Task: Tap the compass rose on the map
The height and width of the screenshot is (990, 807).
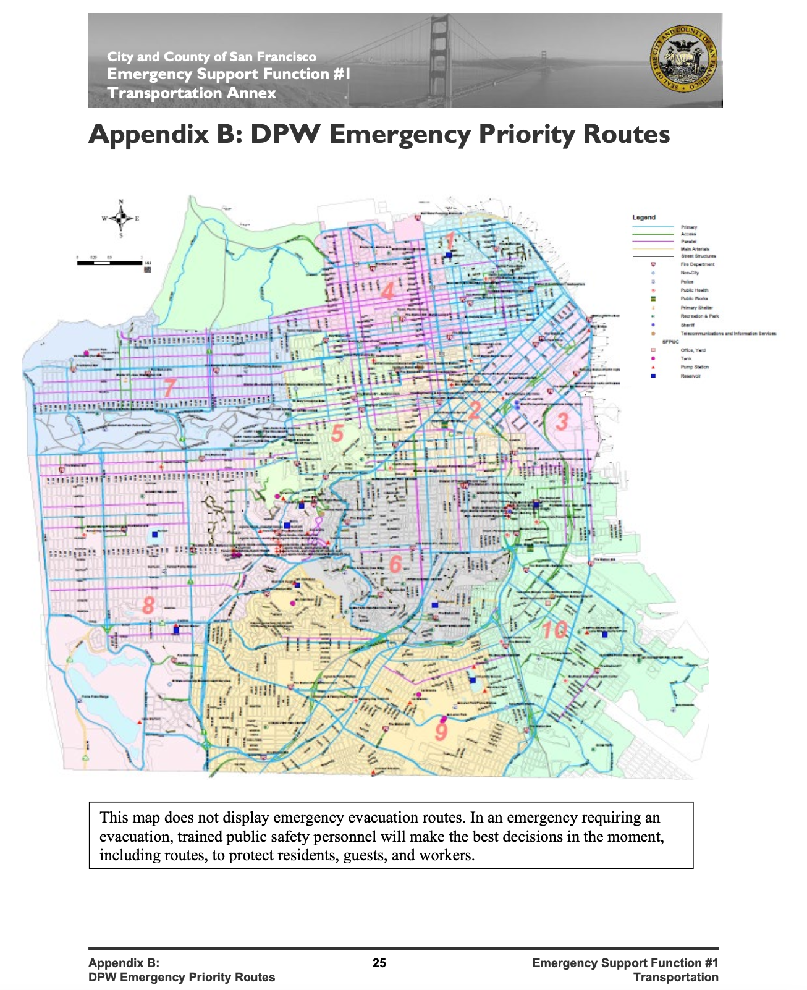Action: click(x=121, y=218)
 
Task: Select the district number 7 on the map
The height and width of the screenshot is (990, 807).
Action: click(x=169, y=387)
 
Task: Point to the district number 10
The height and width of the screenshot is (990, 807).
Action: click(x=554, y=630)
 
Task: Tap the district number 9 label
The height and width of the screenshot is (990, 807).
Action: click(x=441, y=732)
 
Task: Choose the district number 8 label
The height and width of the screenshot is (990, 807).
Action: click(x=148, y=605)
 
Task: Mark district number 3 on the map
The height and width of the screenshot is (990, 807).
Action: click(x=562, y=421)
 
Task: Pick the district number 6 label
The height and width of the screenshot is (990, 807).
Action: click(x=395, y=564)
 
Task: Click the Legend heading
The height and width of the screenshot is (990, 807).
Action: click(x=644, y=218)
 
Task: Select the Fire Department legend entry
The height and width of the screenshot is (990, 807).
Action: click(x=698, y=264)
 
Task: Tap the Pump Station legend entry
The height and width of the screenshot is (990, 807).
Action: click(x=695, y=367)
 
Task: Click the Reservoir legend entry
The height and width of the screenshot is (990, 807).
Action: click(x=691, y=376)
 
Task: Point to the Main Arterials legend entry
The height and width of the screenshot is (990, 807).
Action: click(x=695, y=249)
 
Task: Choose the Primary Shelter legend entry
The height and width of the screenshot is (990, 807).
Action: click(x=697, y=307)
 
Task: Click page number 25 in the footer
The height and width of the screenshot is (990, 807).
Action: click(x=379, y=963)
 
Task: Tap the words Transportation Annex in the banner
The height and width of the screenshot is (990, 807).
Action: click(x=192, y=93)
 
